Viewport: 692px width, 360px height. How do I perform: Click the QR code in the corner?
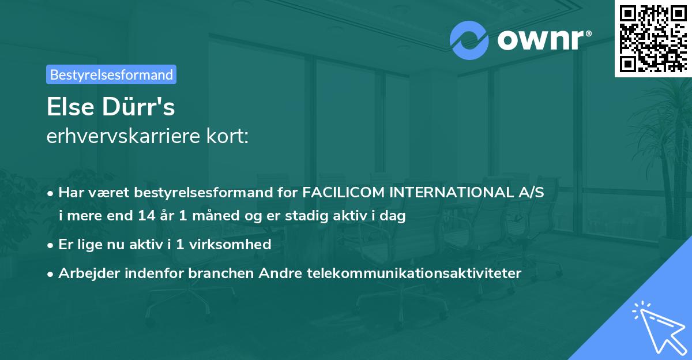[x=653, y=38]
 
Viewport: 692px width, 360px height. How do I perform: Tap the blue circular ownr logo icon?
[x=468, y=40]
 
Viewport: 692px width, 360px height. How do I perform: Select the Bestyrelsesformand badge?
[x=111, y=74]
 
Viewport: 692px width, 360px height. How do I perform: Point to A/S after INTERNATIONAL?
[x=530, y=193]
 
